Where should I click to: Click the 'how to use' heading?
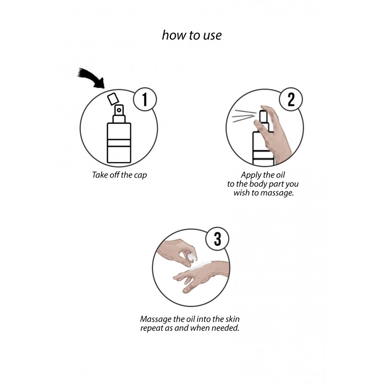click(192, 35)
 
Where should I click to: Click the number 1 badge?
click(145, 99)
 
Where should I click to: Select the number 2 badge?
click(291, 99)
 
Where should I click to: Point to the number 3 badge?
click(217, 239)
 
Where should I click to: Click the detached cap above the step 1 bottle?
click(113, 99)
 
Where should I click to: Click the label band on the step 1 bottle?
click(119, 143)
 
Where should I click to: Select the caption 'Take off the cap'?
click(120, 175)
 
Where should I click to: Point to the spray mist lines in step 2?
click(245, 116)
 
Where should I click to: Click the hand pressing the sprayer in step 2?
click(274, 133)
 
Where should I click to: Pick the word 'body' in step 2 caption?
click(258, 184)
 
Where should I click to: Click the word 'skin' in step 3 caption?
click(232, 319)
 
